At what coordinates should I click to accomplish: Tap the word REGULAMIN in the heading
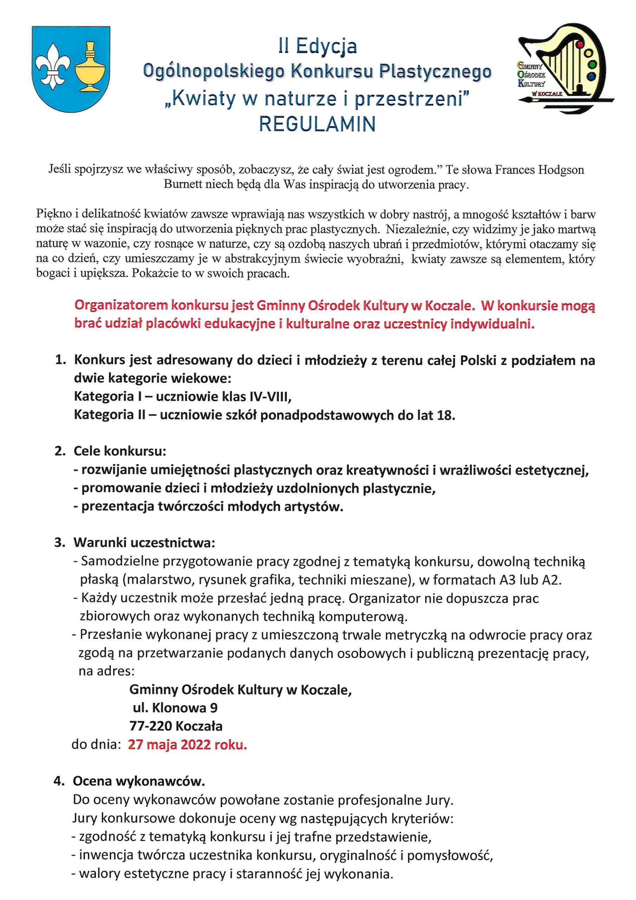coord(317,124)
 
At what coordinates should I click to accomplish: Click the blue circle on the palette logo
coord(591,76)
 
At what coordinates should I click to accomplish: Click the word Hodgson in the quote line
coord(561,170)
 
